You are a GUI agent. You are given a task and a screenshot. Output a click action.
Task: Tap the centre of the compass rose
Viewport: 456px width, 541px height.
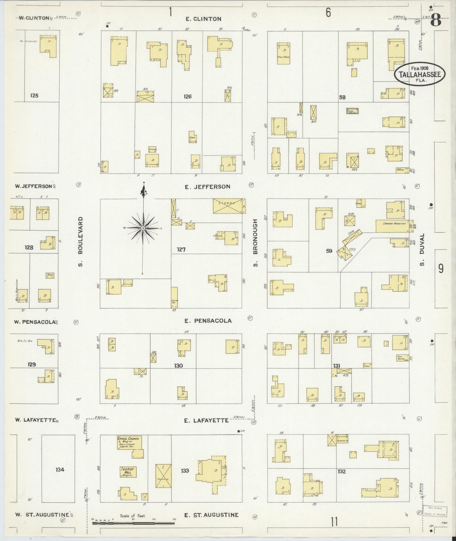tap(143, 228)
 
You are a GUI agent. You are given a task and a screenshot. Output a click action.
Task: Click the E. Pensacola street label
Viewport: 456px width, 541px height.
tap(208, 321)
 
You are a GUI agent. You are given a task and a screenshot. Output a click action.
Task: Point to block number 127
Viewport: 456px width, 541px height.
tap(181, 250)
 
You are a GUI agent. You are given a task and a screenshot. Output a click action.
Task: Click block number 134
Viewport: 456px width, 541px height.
tap(60, 470)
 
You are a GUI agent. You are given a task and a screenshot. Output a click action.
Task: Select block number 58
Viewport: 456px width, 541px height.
tap(342, 97)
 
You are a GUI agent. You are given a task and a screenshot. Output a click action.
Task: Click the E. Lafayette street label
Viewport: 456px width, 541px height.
tap(207, 420)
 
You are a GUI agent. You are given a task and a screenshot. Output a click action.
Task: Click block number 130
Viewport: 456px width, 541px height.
tap(178, 366)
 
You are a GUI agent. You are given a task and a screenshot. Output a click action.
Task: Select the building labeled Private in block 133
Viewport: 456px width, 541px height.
tap(163, 475)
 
